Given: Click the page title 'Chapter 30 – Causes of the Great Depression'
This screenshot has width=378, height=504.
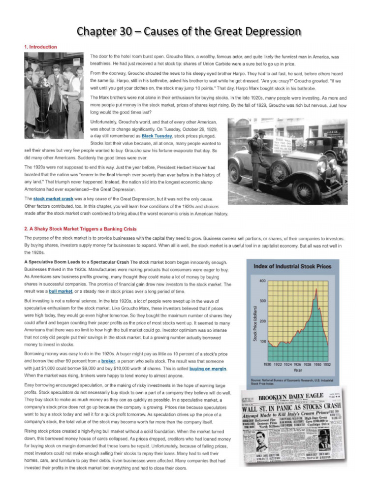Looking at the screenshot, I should tap(189, 32).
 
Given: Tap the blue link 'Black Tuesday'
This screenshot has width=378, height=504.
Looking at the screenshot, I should tap(157, 135).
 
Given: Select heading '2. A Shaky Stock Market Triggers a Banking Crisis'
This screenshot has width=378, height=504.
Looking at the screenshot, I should tap(81, 229).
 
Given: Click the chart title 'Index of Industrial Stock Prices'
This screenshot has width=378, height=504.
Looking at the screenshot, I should tap(292, 266).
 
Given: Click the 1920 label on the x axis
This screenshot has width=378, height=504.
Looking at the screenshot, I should tap(268, 364).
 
